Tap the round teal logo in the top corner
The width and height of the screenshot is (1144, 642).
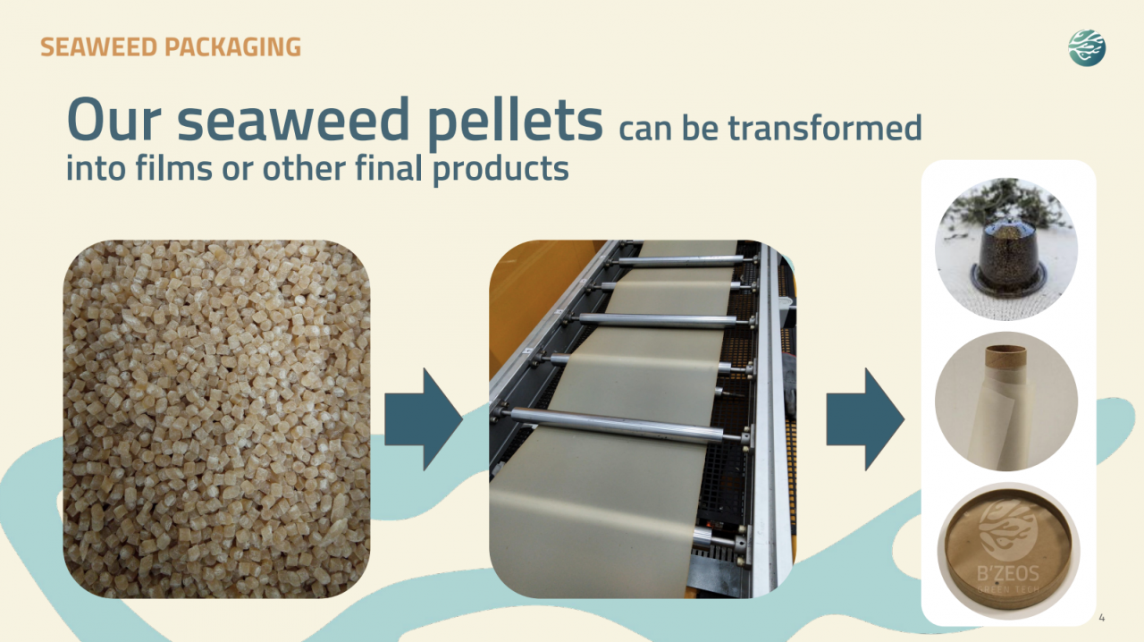(1087, 47)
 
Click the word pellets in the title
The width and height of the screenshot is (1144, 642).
(515, 122)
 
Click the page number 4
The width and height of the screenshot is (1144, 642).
(1101, 617)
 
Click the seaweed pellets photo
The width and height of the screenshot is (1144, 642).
(216, 418)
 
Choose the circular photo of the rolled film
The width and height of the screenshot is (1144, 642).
(1006, 401)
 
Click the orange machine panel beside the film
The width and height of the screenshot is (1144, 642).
(527, 286)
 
